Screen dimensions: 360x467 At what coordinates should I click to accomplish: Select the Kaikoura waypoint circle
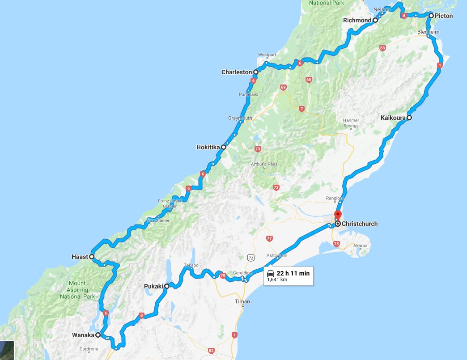409,118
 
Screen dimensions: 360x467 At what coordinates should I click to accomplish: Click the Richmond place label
357,20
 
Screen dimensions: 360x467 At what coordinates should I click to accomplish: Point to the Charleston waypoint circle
256,72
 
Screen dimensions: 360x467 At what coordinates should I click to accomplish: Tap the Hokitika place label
208,147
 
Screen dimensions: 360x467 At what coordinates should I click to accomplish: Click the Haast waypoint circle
91,257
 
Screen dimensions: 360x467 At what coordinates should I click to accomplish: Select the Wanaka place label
83,335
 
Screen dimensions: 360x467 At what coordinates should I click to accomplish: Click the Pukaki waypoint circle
166,286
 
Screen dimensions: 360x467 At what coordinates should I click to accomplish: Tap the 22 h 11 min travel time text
293,273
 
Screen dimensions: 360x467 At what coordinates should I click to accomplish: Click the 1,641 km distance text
277,280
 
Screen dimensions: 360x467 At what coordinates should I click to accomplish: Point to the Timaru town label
243,302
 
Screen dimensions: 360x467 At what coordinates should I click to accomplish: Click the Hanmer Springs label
351,123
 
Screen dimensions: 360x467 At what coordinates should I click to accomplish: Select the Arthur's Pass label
264,164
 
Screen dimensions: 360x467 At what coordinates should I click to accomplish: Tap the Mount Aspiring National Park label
77,289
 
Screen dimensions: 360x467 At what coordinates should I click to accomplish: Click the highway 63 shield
382,48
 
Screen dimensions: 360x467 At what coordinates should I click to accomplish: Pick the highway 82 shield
212,350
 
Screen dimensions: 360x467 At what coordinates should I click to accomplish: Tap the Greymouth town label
240,118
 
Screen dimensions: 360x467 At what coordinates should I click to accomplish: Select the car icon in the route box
271,273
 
